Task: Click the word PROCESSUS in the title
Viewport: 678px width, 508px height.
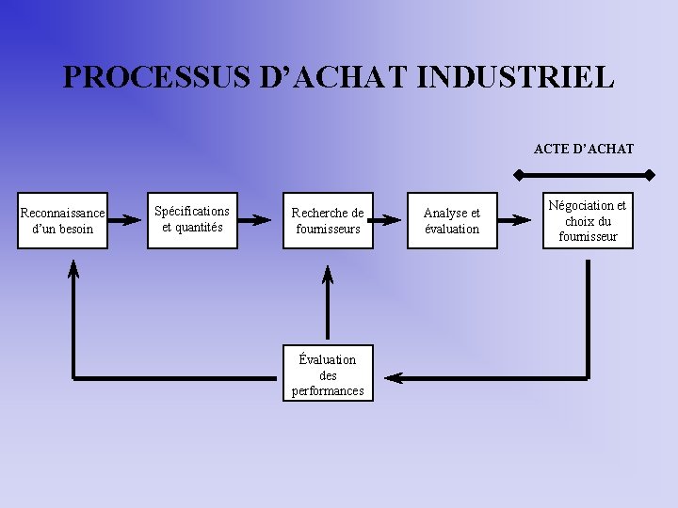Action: (128, 77)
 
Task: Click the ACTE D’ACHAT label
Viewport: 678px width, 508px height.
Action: (584, 149)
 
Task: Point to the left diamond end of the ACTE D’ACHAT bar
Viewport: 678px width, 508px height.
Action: (517, 175)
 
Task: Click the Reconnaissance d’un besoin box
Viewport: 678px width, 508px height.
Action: (62, 221)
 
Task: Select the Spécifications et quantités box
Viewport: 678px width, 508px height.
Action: (192, 219)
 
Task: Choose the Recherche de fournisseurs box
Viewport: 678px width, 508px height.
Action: (328, 221)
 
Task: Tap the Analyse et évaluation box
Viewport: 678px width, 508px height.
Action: (452, 221)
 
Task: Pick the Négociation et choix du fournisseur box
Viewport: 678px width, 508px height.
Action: (588, 220)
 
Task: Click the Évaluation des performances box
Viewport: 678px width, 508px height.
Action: (328, 374)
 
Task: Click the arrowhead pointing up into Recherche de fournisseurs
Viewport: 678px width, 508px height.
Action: (328, 276)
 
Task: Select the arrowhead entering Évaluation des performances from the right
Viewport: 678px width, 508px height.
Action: (394, 378)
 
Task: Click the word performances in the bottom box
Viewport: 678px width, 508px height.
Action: (328, 390)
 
